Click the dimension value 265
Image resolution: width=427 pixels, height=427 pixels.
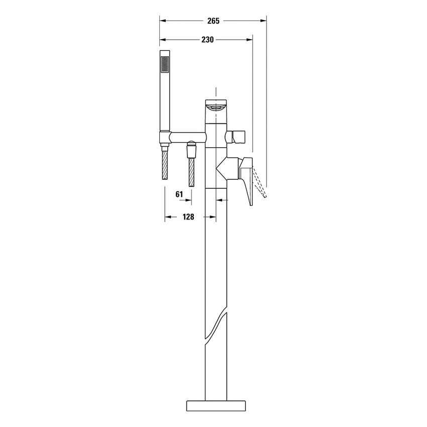[213, 21]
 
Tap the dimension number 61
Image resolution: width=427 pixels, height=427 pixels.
[179, 194]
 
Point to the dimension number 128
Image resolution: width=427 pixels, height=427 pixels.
[188, 217]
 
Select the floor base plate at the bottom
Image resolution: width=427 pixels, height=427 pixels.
[217, 406]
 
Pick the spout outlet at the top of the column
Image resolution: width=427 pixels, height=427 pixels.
[217, 108]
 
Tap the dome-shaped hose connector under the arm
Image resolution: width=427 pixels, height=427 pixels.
[191, 149]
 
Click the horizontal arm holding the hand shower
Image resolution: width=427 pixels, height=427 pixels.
[187, 136]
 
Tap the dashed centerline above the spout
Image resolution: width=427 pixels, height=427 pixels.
[217, 93]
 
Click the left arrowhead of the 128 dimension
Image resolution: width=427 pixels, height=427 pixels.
[168, 217]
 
